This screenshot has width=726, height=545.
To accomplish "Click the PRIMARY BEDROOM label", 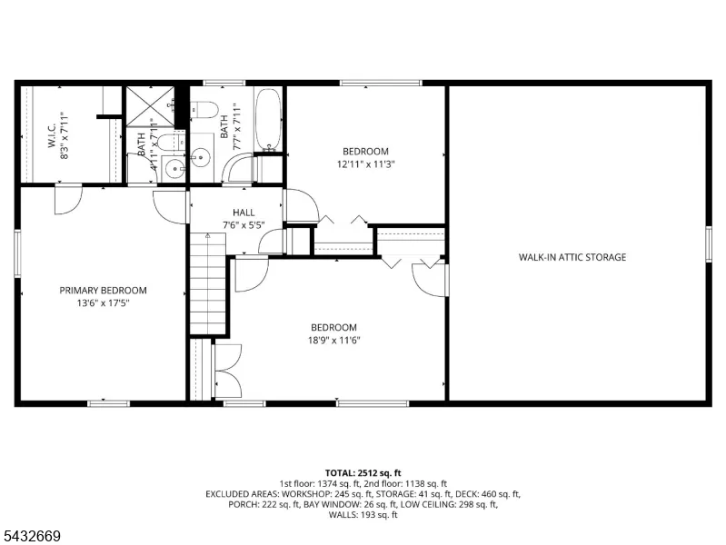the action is click(x=103, y=291).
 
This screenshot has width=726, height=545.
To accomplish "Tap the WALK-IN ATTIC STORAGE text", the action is click(x=572, y=257).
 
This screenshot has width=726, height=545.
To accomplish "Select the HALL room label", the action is click(x=244, y=213).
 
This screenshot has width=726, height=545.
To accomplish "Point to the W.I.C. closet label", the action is click(x=52, y=135).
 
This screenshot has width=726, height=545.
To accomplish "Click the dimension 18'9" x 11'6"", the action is click(x=333, y=341).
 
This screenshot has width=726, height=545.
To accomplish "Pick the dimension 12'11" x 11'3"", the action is click(x=366, y=163).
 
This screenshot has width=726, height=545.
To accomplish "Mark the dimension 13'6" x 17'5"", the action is click(x=103, y=303).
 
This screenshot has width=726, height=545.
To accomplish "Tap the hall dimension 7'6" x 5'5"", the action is click(x=244, y=225).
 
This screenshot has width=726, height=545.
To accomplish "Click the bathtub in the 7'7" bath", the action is click(x=269, y=120).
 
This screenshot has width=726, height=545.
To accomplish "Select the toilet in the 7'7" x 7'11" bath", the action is click(x=205, y=110).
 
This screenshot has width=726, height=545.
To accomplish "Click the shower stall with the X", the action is click(x=151, y=106).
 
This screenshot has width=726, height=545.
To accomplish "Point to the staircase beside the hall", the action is click(x=208, y=283).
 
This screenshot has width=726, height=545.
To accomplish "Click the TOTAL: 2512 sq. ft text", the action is click(x=363, y=472).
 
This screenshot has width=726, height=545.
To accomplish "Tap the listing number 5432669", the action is click(x=31, y=536).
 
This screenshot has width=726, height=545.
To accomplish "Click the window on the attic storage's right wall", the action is click(x=708, y=244).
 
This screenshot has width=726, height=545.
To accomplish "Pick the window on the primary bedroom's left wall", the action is click(x=17, y=253).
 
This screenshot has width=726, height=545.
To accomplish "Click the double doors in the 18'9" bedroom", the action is click(x=228, y=371).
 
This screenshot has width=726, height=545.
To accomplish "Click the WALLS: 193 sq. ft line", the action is click(x=363, y=514).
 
